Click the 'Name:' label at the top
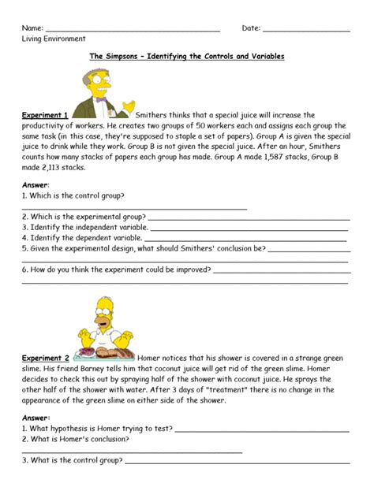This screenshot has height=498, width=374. coord(33,28)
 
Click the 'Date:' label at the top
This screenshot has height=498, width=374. coord(251,28)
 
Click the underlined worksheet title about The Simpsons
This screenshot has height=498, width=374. coord(186,57)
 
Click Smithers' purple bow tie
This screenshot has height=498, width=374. coord(100,99)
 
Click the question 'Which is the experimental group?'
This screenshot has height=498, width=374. coord(83,215)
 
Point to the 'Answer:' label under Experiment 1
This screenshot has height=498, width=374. coord(36,184)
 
